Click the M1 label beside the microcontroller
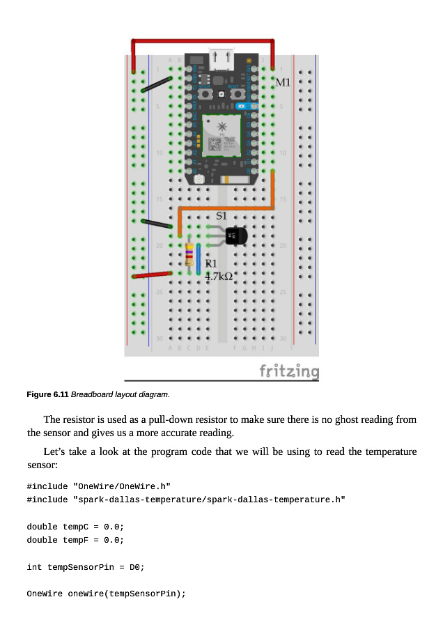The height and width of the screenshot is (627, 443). point(283,83)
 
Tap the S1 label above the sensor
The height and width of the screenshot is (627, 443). point(221,216)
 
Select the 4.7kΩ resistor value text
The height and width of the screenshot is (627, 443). point(218,277)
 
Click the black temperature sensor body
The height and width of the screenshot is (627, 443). point(237,236)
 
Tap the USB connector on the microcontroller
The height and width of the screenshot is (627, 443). point(221,60)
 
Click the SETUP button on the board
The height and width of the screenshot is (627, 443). point(205,93)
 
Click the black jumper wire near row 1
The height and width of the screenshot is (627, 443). point(157,85)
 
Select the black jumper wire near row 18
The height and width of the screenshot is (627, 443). point(157,224)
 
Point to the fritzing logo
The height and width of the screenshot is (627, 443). point(289,371)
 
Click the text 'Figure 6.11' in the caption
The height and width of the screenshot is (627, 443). point(47,395)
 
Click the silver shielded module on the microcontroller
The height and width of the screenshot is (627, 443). point(221,135)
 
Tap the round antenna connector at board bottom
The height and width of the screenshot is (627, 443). point(199,179)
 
